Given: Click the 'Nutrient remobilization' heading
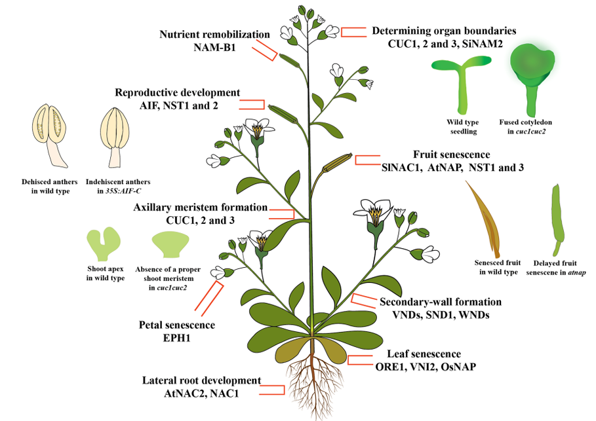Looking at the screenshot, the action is [214, 35].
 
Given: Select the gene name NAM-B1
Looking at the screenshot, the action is [214, 47].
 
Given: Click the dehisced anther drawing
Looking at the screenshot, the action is [50, 135].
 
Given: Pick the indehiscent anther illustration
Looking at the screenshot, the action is [115, 137].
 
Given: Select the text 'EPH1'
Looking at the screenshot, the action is [176, 337].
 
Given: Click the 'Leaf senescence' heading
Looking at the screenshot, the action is [424, 354].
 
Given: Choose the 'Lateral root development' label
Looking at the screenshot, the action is [201, 380].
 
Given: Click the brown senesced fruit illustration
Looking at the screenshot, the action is [485, 219].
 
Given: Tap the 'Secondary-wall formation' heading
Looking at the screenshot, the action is [441, 302].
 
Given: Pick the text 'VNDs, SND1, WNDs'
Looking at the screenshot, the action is [441, 315].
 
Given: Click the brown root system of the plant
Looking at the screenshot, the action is [313, 384].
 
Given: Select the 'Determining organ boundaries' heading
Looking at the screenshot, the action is [444, 31].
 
